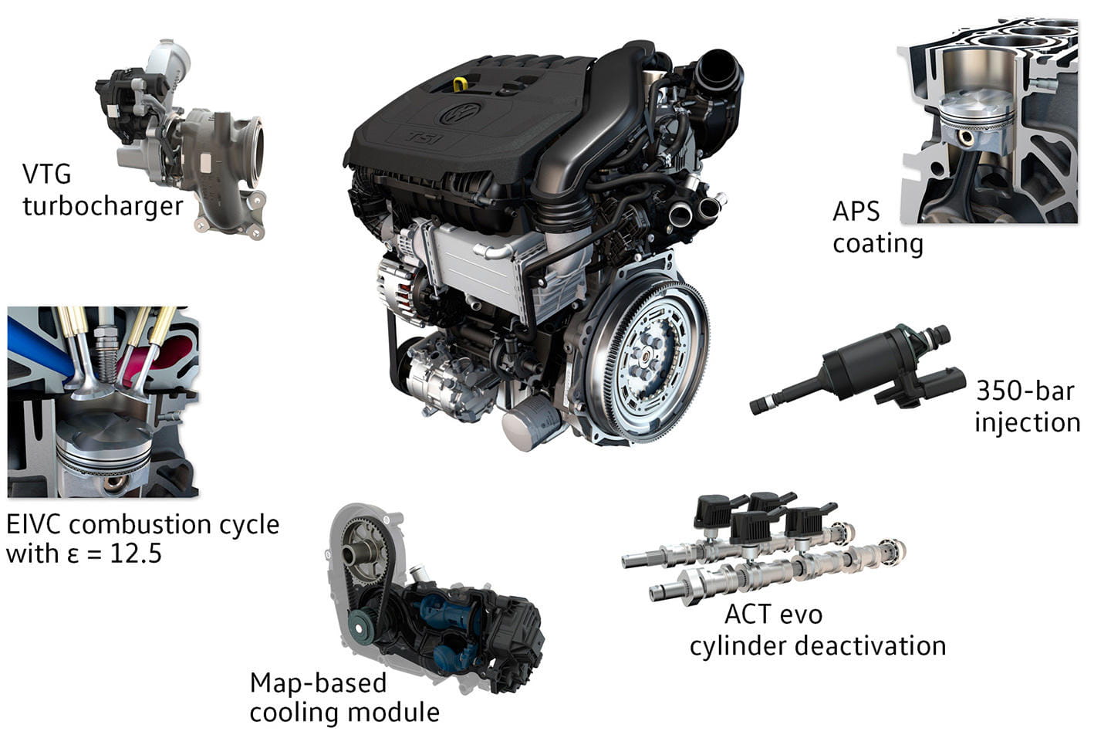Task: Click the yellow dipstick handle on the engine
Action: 461,83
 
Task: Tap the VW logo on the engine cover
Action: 461,113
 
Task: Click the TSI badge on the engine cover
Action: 425,137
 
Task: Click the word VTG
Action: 46,174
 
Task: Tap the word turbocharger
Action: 103,206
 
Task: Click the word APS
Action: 856,211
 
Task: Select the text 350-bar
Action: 1025,391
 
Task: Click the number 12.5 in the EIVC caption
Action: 136,553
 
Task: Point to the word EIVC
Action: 34,524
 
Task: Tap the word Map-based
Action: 318,683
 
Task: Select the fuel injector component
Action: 857,368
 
